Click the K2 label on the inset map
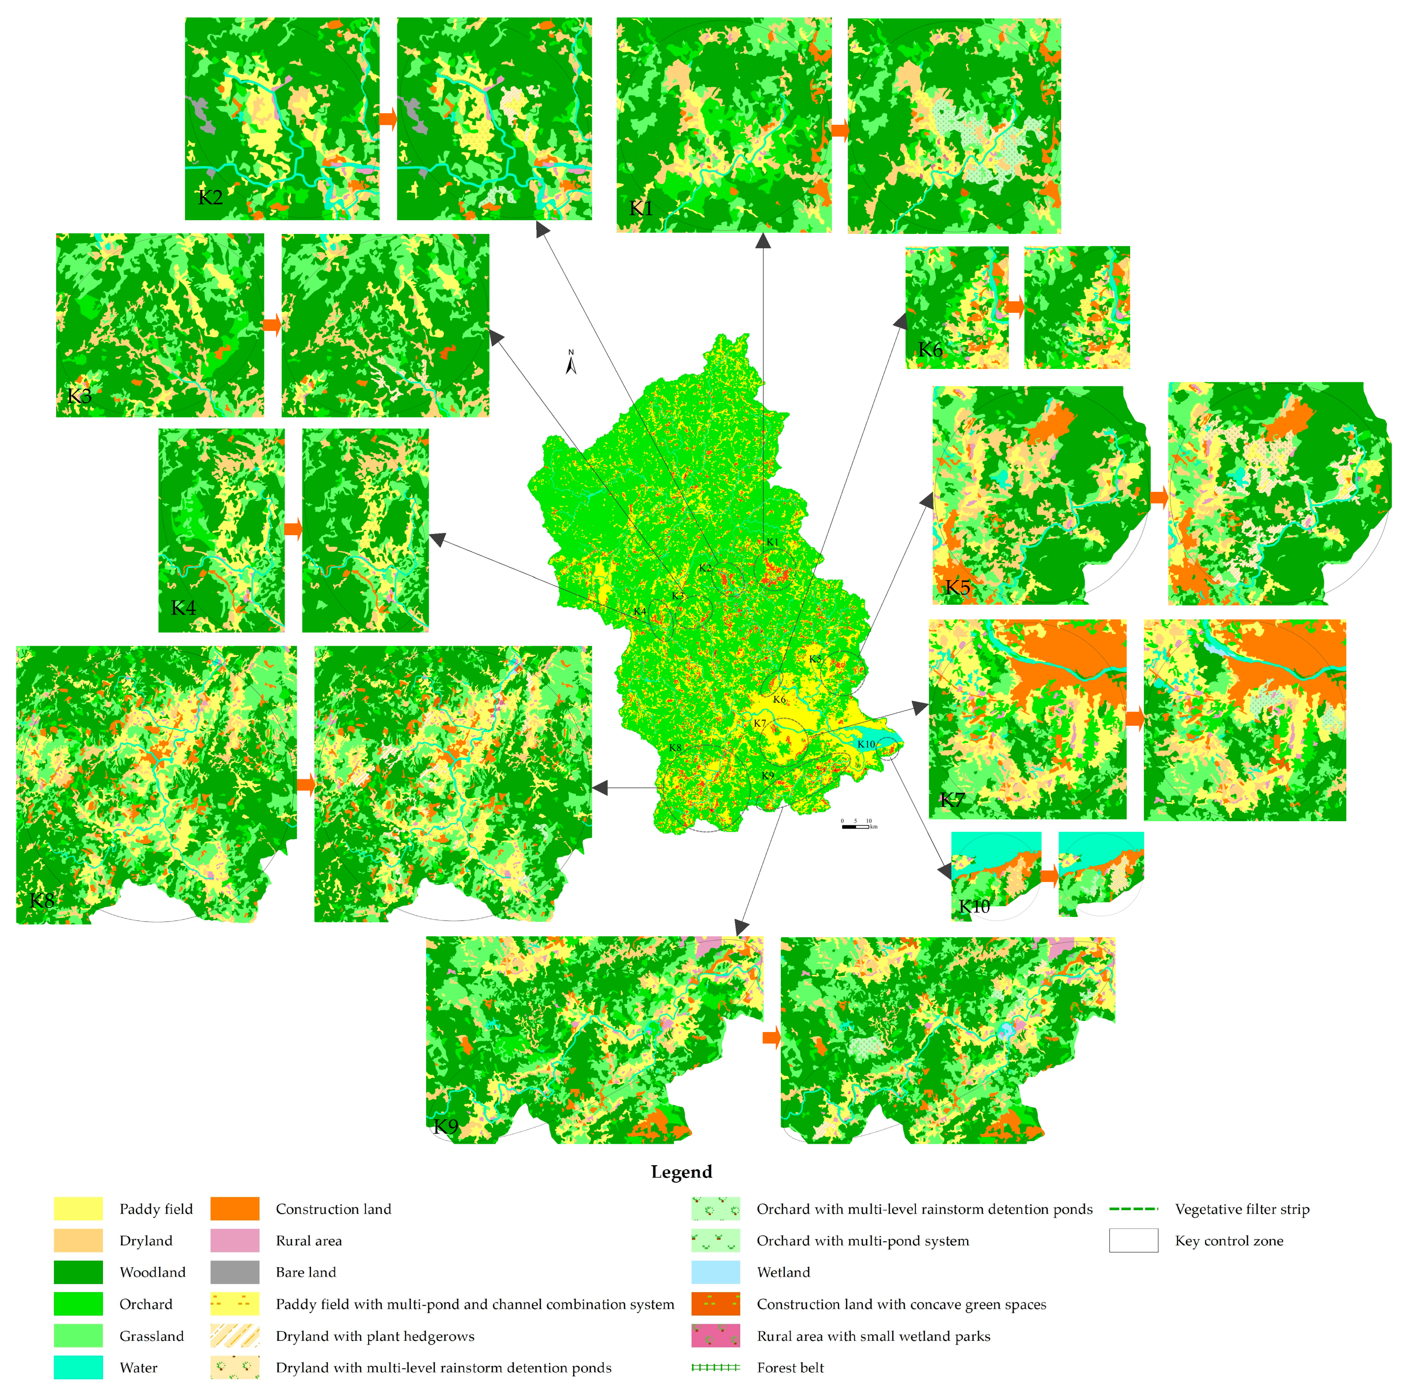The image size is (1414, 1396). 210,197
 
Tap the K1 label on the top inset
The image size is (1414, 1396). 641,209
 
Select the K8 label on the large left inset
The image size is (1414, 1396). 42,901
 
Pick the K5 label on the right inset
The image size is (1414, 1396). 957,587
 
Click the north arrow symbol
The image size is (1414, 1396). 571,363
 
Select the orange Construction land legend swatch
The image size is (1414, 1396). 235,1209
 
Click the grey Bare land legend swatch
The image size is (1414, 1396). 235,1272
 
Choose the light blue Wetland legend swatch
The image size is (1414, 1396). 715,1272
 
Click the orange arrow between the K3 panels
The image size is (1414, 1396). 272,325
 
